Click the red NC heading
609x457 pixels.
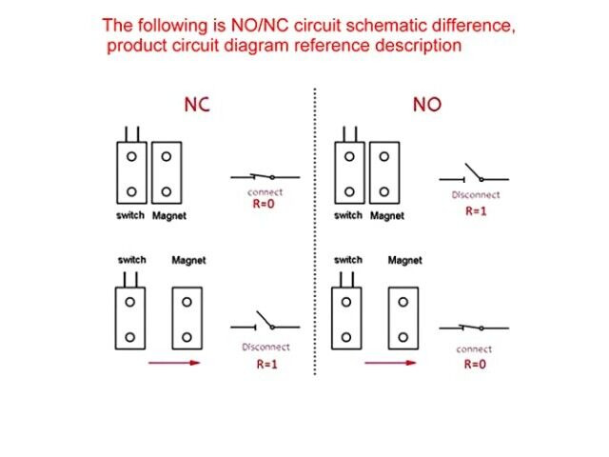[196, 106]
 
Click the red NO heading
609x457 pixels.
[427, 106]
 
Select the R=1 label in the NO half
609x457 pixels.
[476, 211]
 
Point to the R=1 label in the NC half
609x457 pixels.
[267, 364]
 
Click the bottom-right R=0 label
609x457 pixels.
[474, 364]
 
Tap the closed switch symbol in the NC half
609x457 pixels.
[265, 177]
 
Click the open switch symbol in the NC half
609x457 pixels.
[265, 325]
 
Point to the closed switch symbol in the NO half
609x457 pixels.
[473, 328]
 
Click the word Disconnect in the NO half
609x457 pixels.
[475, 195]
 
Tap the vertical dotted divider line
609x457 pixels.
[315, 238]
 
